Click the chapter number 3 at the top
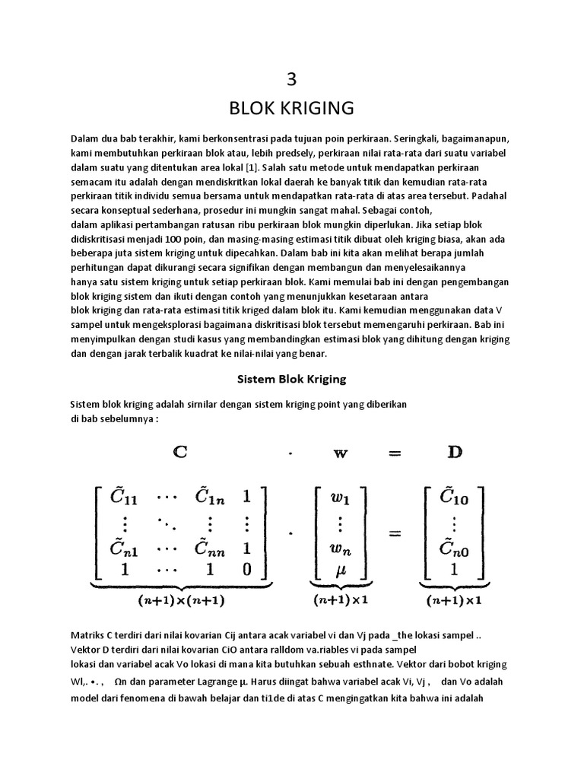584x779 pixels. [292, 81]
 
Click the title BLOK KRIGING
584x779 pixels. [292, 108]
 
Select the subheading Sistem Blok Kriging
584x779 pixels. [293, 378]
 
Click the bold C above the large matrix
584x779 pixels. [180, 452]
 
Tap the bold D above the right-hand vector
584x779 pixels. [455, 452]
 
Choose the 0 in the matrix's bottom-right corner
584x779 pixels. [246, 568]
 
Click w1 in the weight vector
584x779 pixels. [338, 500]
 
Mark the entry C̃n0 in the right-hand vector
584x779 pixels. [454, 548]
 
